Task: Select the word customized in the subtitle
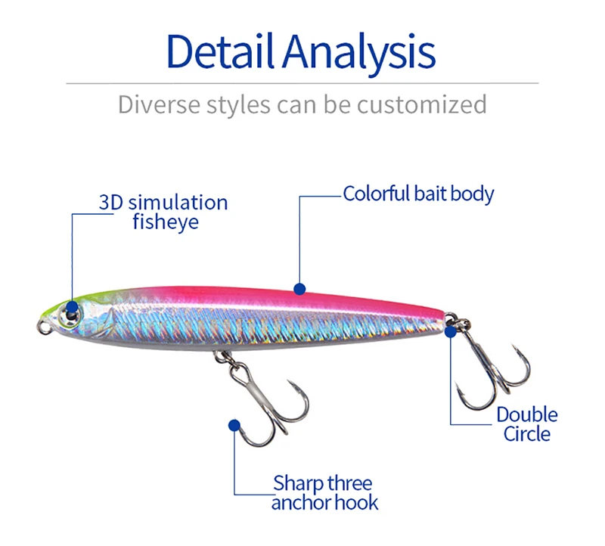pos(422,104)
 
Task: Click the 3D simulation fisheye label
pos(163,212)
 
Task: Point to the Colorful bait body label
pos(418,194)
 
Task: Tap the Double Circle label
pos(527,423)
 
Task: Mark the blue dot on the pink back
pos(299,288)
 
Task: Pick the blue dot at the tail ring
pos(451,330)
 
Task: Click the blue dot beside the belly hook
pos(234,426)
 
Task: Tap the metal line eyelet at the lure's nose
pos(44,327)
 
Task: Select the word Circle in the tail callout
pos(527,434)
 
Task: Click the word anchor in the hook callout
pos(297,502)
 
